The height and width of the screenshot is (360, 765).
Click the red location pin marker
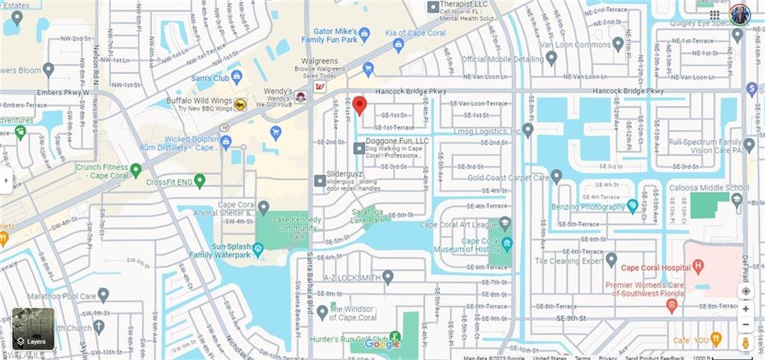point(359,105)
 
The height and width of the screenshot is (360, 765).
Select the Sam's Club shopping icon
point(237,76)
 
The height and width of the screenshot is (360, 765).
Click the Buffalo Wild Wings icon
point(241,105)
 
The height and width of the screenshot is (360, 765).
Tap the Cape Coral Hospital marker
point(698,265)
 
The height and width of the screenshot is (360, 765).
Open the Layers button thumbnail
point(33,329)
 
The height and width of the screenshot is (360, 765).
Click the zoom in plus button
point(745,308)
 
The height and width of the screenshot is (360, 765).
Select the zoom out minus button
point(745,324)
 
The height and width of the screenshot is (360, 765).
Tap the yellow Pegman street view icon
point(745,342)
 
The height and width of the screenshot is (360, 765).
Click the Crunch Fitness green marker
point(135,170)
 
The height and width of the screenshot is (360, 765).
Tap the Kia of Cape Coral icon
point(398,45)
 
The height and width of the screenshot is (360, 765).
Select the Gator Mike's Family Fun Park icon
point(365,34)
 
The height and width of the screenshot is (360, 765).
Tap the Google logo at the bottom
point(382,344)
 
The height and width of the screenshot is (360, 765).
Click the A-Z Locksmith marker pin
point(388,278)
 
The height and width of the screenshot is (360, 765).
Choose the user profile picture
point(740,14)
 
